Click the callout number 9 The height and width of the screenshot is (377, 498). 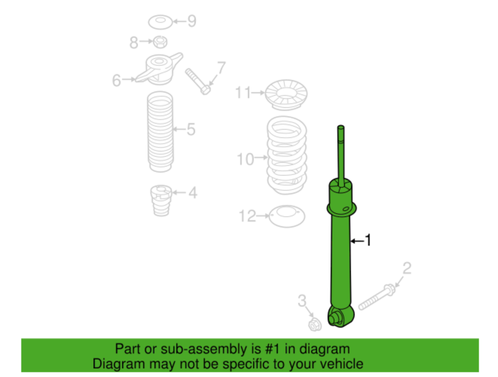pyautogui.click(x=191, y=21)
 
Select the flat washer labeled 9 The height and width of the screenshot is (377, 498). pyautogui.click(x=160, y=22)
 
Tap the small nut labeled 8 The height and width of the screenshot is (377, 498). pyautogui.click(x=160, y=41)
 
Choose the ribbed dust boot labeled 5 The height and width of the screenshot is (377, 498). pyautogui.click(x=160, y=132)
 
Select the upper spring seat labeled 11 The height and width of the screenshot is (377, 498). pyautogui.click(x=286, y=94)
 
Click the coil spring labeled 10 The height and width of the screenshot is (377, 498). pyautogui.click(x=286, y=156)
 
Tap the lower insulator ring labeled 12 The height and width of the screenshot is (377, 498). pyautogui.click(x=287, y=216)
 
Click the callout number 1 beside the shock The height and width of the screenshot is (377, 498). pyautogui.click(x=368, y=241)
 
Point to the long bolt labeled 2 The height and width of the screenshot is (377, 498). pyautogui.click(x=376, y=297)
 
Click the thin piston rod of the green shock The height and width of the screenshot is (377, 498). pyautogui.click(x=341, y=153)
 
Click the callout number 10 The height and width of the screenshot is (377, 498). pyautogui.click(x=246, y=159)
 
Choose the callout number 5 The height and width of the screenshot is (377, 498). pyautogui.click(x=191, y=129)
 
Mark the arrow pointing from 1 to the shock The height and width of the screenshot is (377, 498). pyautogui.click(x=357, y=241)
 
